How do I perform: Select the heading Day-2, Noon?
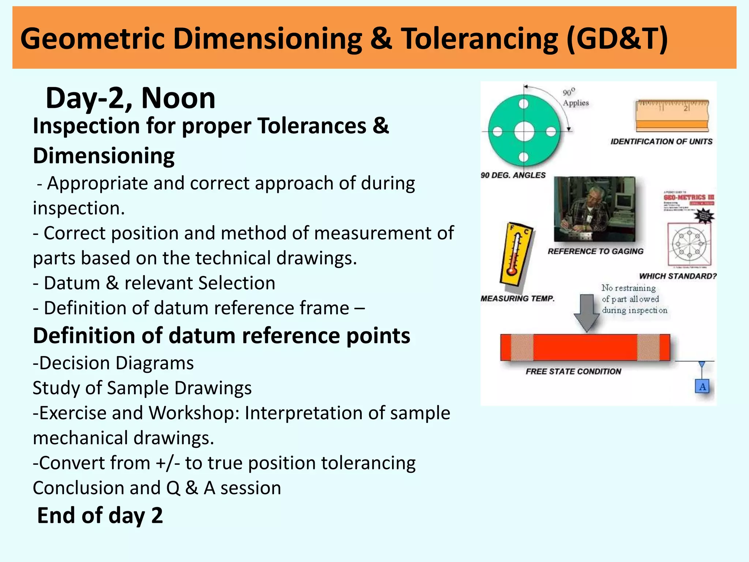point(131,98)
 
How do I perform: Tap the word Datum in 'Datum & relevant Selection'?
point(72,283)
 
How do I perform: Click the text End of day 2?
point(100,515)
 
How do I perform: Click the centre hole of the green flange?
point(524,131)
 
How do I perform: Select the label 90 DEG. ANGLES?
point(513,175)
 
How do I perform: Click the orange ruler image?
point(672,115)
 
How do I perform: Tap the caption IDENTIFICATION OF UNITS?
point(661,142)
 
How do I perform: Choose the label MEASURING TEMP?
point(517,299)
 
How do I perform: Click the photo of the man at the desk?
point(594,209)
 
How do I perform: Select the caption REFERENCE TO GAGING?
point(595,251)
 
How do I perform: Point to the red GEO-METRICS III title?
point(688,198)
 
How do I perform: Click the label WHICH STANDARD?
point(677,276)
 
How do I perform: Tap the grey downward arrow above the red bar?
point(587,312)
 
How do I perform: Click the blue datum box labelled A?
point(702,387)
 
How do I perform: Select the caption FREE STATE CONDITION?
point(573,372)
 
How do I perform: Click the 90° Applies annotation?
point(575,98)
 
